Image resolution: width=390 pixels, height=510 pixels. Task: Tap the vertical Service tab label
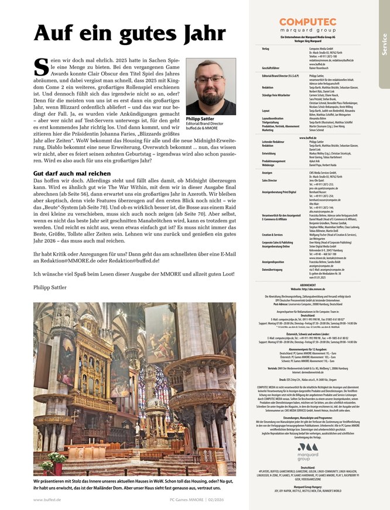point(384,44)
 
